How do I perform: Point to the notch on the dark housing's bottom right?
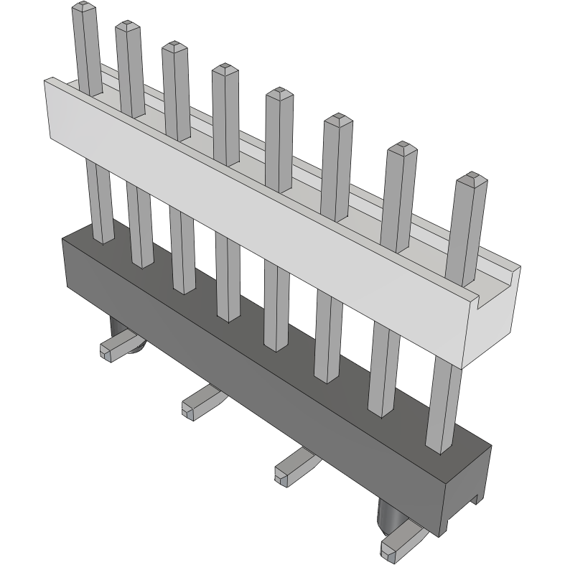[475, 497]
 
